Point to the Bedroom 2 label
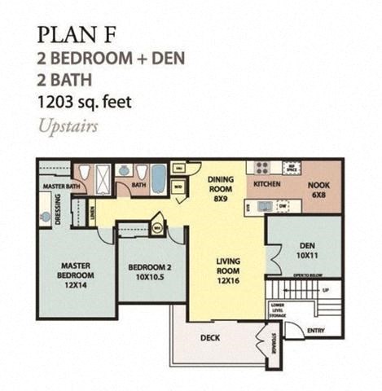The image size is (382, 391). [149, 271]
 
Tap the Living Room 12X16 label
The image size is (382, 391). [226, 267]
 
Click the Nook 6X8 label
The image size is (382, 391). [318, 189]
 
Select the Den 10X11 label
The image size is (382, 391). [305, 251]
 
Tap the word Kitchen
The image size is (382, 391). [267, 185]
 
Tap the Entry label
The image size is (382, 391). [316, 330]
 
